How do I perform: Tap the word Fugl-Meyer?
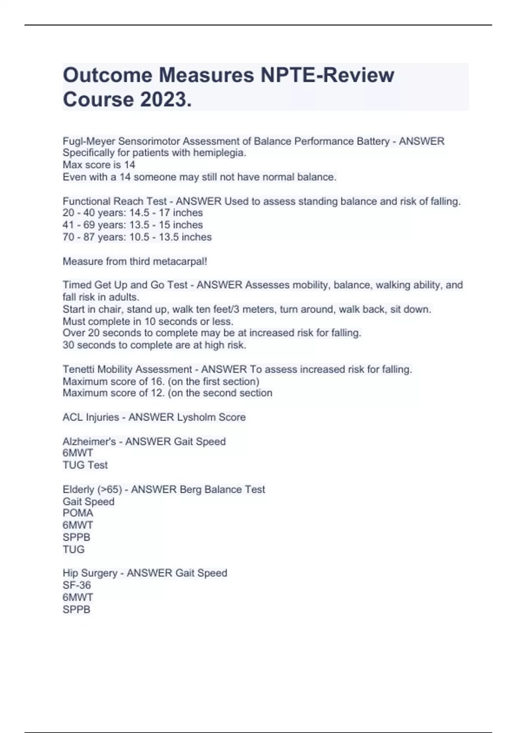tap(89, 141)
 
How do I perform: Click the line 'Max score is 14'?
tap(99, 165)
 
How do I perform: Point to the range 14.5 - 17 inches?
tap(166, 213)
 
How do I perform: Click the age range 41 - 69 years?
tap(93, 225)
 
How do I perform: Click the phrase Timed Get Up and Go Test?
tap(125, 285)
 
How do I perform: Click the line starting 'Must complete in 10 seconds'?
tap(148, 321)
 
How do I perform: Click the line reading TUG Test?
tap(85, 465)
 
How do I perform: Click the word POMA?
tap(78, 513)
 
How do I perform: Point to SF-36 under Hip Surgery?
tap(77, 585)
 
